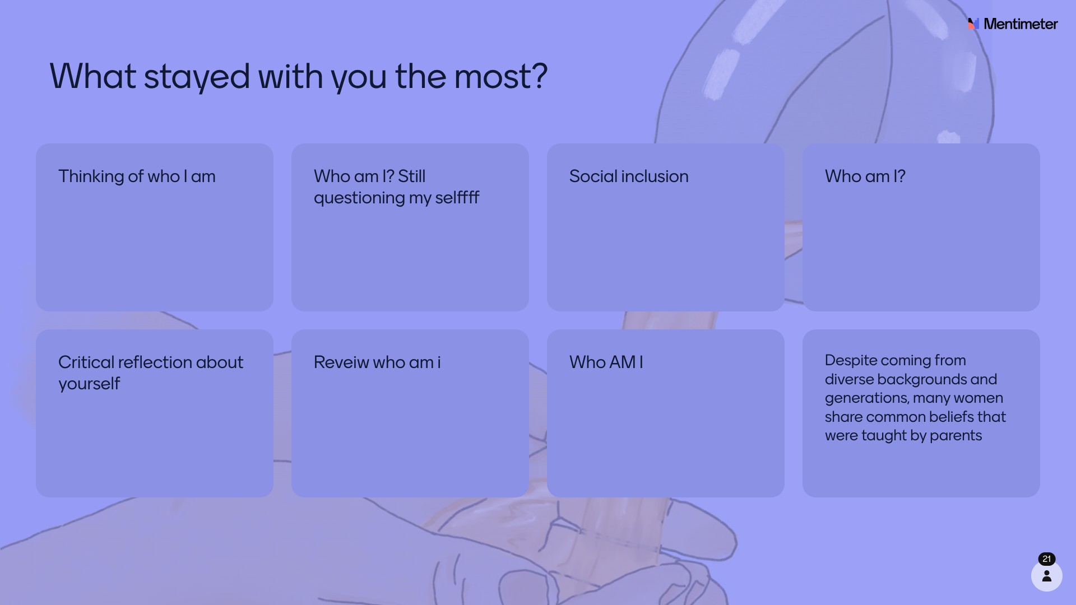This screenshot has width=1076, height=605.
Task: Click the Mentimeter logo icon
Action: (x=973, y=24)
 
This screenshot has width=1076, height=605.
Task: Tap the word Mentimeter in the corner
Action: (x=1021, y=24)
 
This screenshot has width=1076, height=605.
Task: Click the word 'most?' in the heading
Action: (x=501, y=77)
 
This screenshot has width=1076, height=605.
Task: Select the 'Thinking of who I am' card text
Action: (x=137, y=176)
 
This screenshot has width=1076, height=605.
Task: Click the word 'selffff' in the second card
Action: (x=457, y=198)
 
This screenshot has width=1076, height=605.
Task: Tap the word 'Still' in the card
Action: (x=412, y=176)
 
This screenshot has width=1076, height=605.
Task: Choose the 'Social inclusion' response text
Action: (x=629, y=176)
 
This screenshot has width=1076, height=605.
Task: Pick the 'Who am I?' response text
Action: (x=865, y=176)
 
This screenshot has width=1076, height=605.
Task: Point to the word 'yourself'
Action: (x=89, y=384)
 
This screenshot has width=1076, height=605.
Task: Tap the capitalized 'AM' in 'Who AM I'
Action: (x=622, y=362)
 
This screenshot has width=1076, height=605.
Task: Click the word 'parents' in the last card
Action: (x=956, y=436)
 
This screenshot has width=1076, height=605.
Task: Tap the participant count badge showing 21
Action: (x=1047, y=559)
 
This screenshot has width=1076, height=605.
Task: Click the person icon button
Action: (x=1047, y=576)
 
